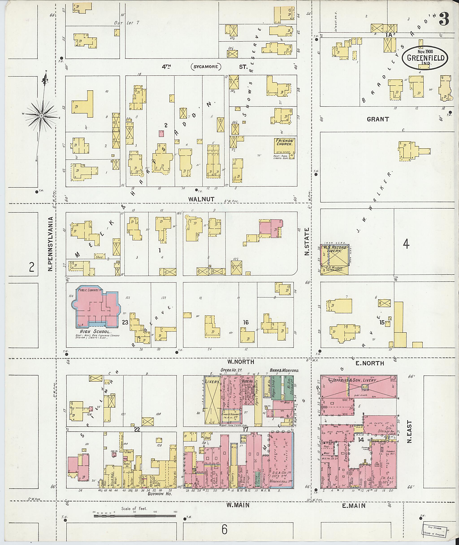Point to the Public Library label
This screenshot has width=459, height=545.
87,290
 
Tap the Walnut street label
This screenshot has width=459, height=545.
201,199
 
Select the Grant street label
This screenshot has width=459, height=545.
378,119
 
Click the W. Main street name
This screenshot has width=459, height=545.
238,505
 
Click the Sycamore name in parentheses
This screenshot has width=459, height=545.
206,67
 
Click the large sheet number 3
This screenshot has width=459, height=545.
444,19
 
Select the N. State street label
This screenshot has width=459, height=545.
307,241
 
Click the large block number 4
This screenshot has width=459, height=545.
406,244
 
